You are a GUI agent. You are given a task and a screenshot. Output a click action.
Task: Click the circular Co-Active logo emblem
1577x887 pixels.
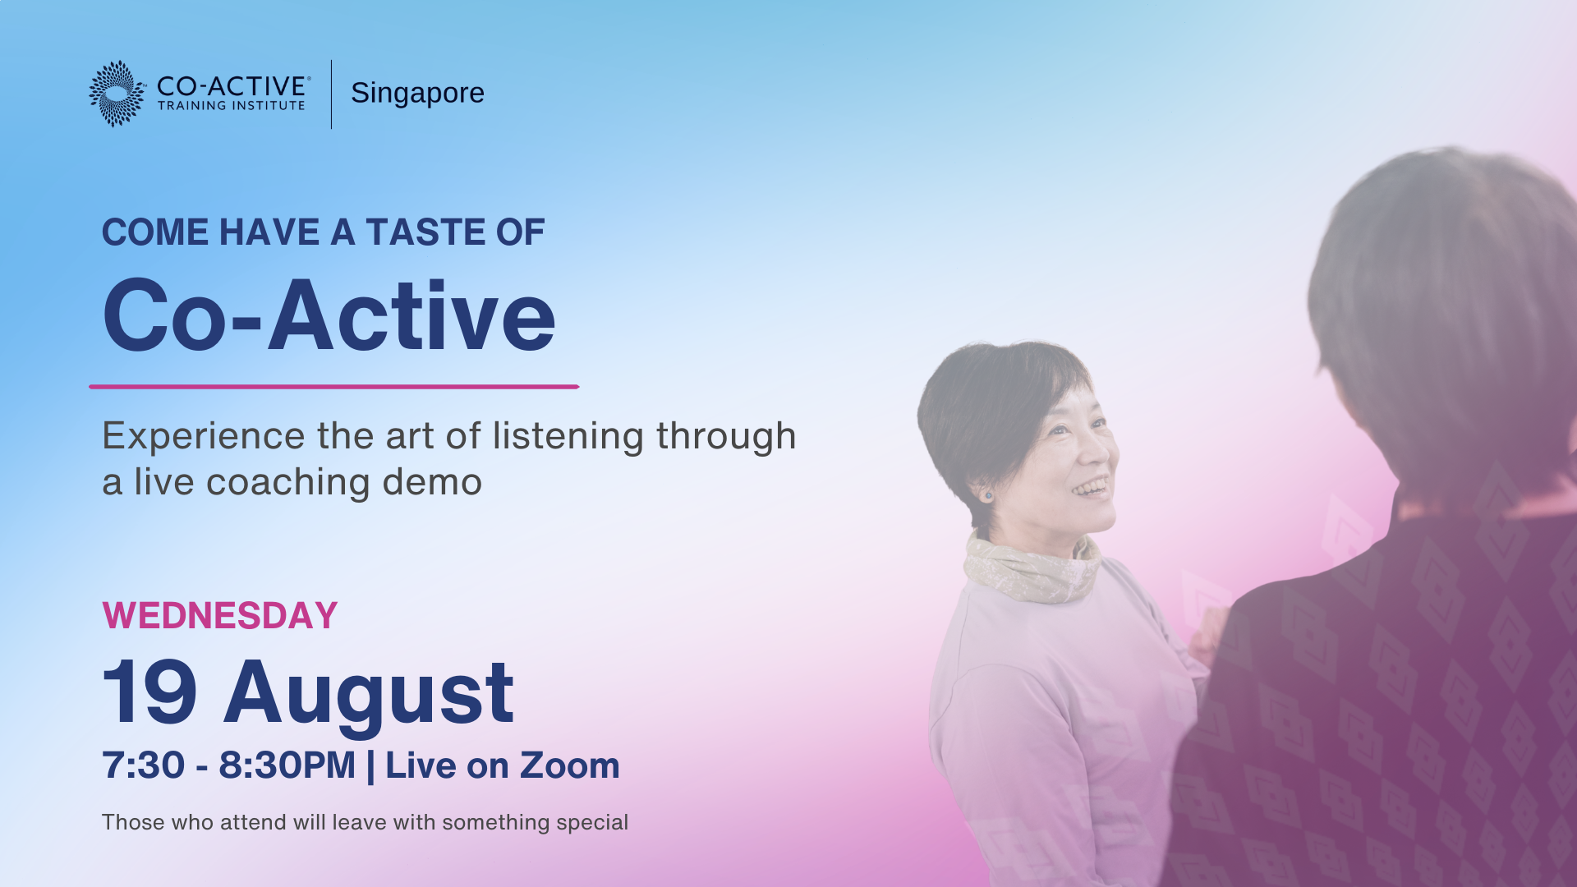[117, 94]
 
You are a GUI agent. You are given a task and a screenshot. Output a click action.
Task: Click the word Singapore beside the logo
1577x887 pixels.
[417, 94]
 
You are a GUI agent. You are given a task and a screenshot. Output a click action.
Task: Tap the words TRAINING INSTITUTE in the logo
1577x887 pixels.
[232, 106]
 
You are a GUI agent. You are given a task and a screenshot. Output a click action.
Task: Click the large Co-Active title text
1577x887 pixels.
[329, 316]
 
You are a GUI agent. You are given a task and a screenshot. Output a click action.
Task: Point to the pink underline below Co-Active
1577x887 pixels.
[334, 386]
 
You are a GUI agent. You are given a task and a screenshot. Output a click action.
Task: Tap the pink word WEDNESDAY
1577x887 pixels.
[220, 616]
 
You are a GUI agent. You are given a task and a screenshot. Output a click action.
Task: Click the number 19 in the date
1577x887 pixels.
[149, 692]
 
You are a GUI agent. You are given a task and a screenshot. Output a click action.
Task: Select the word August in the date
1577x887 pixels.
[369, 696]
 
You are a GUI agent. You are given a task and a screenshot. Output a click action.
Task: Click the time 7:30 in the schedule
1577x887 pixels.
[144, 765]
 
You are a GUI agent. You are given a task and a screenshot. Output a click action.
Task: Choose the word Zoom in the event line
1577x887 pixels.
[569, 765]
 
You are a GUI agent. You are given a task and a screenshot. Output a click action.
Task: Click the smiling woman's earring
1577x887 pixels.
[987, 495]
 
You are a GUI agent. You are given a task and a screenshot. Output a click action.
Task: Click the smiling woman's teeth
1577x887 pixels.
[1091, 489]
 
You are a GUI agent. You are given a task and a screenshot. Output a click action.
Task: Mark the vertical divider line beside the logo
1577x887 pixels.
[332, 94]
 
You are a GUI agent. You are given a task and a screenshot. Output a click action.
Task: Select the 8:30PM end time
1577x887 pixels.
[287, 765]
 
